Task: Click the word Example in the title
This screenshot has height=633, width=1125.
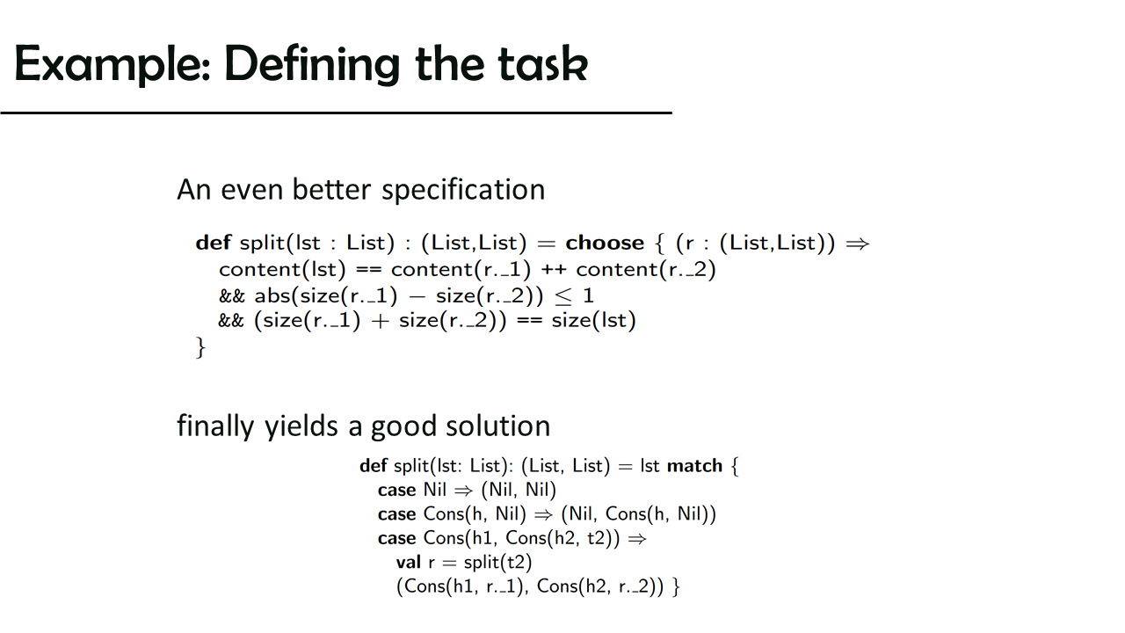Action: pyautogui.click(x=112, y=64)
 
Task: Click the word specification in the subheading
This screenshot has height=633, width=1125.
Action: pyautogui.click(x=463, y=190)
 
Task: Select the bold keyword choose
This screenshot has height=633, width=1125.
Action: pyautogui.click(x=605, y=243)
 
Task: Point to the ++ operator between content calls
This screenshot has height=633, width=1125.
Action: pyautogui.click(x=554, y=270)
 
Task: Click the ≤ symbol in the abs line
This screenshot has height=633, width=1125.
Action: pyautogui.click(x=563, y=296)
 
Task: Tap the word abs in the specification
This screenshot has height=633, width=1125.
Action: pyautogui.click(x=272, y=295)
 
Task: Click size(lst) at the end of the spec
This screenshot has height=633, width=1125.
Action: pyautogui.click(x=593, y=320)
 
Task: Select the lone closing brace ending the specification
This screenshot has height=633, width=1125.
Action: pyautogui.click(x=201, y=347)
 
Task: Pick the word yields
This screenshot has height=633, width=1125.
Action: pyautogui.click(x=301, y=426)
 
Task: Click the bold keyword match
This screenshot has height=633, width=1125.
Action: pyautogui.click(x=694, y=466)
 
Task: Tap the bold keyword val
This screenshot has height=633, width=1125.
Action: pyautogui.click(x=409, y=562)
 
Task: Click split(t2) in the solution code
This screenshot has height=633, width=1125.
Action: pyautogui.click(x=497, y=562)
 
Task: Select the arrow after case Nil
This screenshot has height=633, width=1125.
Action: pyautogui.click(x=463, y=491)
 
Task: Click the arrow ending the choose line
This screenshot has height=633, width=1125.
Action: pyautogui.click(x=857, y=244)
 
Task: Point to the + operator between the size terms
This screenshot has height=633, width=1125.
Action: pyautogui.click(x=381, y=321)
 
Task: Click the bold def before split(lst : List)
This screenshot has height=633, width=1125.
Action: pyautogui.click(x=214, y=243)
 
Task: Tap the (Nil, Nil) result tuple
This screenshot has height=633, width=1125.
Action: pyautogui.click(x=519, y=490)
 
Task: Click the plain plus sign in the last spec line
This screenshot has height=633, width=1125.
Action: pyautogui.click(x=381, y=321)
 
